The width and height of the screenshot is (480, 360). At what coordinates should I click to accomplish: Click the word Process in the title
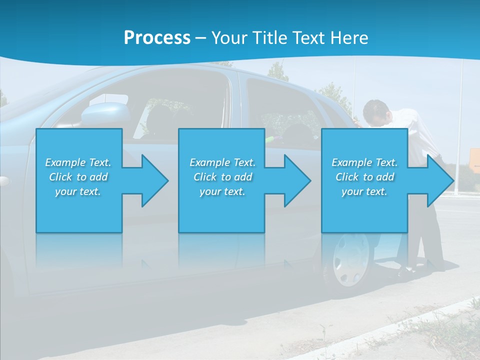click(157, 38)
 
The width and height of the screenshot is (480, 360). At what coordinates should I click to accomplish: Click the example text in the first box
click(78, 177)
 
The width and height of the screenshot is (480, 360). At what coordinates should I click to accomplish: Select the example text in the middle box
click(222, 177)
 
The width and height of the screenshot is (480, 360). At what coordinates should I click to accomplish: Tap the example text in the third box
click(364, 177)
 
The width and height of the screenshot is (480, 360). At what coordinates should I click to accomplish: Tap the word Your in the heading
click(229, 38)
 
